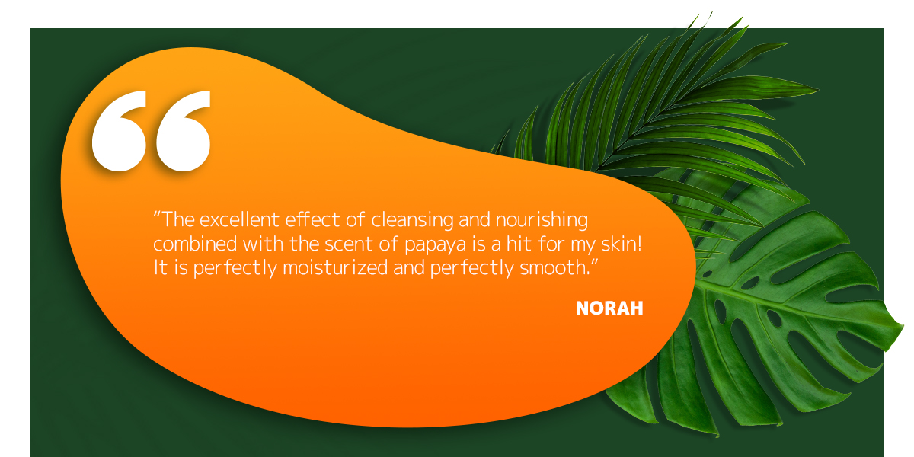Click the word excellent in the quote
click(x=239, y=219)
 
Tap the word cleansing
click(x=412, y=220)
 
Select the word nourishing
click(x=542, y=220)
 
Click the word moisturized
click(x=335, y=267)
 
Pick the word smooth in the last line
click(x=555, y=267)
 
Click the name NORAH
click(x=609, y=308)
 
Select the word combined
click(x=195, y=244)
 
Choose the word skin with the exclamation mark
click(x=622, y=244)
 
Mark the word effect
click(x=312, y=219)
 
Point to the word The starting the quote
click(x=178, y=219)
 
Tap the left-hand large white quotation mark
click(x=119, y=131)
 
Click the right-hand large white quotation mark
click(x=184, y=131)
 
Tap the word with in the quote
click(x=264, y=244)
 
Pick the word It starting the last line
click(x=161, y=267)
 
